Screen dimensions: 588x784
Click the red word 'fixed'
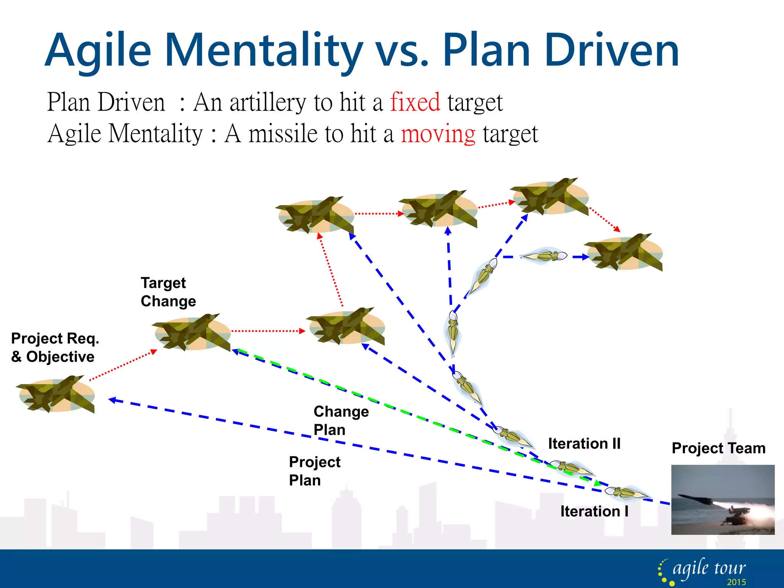[415, 102]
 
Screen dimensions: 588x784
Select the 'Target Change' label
[168, 292]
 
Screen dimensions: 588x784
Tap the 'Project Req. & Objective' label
[55, 348]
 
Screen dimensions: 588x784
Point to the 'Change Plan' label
[341, 420]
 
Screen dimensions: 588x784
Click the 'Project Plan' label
[314, 471]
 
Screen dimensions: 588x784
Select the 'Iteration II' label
[584, 444]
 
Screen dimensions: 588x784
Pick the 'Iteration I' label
[594, 511]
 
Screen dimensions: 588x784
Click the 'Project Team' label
[719, 448]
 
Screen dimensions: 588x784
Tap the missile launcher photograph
[723, 500]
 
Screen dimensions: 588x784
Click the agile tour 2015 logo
[703, 571]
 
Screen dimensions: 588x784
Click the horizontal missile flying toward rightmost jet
[544, 256]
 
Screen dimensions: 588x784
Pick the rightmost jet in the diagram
[624, 252]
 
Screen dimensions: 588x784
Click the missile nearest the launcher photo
[626, 492]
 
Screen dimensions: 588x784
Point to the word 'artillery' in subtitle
[268, 102]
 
